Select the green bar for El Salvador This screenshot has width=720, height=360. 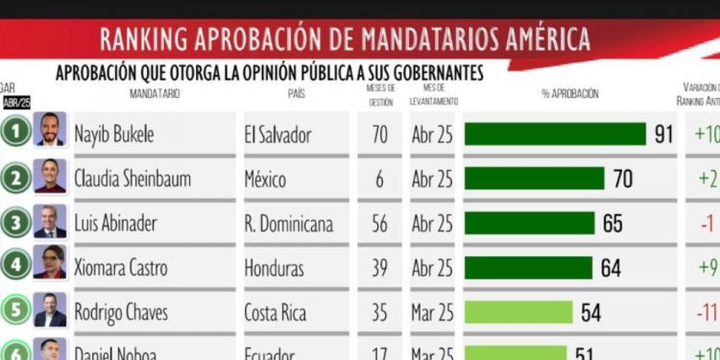tap(555, 134)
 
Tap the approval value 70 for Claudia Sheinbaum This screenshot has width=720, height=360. tap(626, 179)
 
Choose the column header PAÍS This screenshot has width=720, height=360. tap(297, 94)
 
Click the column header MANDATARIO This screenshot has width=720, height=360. tap(155, 94)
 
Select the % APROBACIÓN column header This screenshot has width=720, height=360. tap(569, 94)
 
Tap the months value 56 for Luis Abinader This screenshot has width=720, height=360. tap(379, 224)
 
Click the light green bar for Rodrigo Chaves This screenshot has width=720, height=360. tap(518, 312)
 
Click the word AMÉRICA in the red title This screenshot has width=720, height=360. tap(542, 40)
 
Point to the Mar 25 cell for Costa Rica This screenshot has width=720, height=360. tap(431, 312)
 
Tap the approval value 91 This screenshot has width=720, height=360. tap(663, 134)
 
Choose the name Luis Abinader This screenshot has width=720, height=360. tap(115, 224)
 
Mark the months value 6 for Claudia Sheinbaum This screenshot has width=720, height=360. tap(379, 180)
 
